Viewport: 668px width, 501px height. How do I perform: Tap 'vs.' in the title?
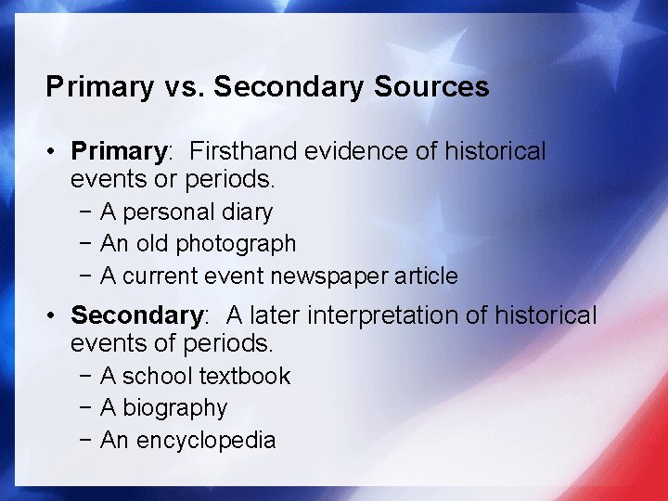click(182, 88)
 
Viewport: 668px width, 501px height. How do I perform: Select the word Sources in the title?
click(431, 88)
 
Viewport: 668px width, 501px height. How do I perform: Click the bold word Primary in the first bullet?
click(118, 151)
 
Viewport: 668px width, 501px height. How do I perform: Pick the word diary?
click(248, 212)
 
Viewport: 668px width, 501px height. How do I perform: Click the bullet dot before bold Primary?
click(56, 151)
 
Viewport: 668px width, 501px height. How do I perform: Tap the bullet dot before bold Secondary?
click(56, 315)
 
